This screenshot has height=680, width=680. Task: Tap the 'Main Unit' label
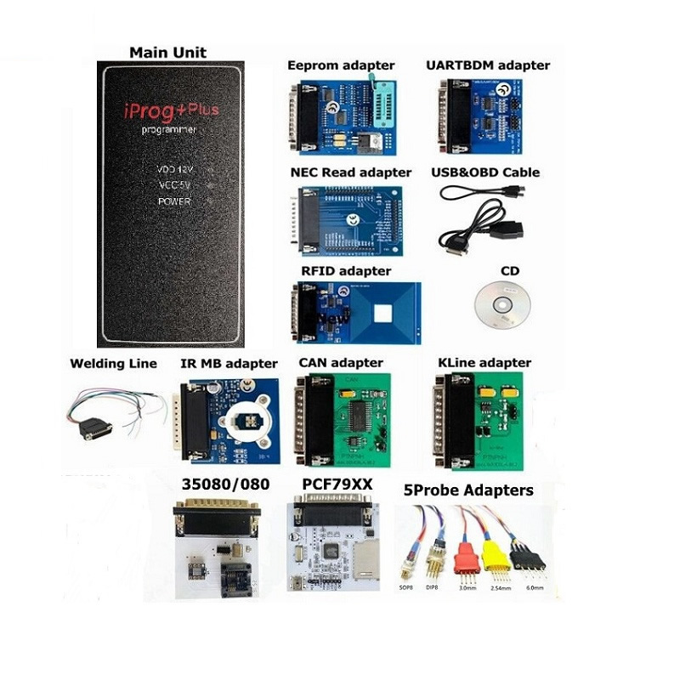click(167, 53)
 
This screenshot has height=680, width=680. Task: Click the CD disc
click(500, 302)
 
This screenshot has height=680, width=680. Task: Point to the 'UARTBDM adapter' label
click(487, 65)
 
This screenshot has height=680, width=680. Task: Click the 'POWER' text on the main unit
click(173, 201)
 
